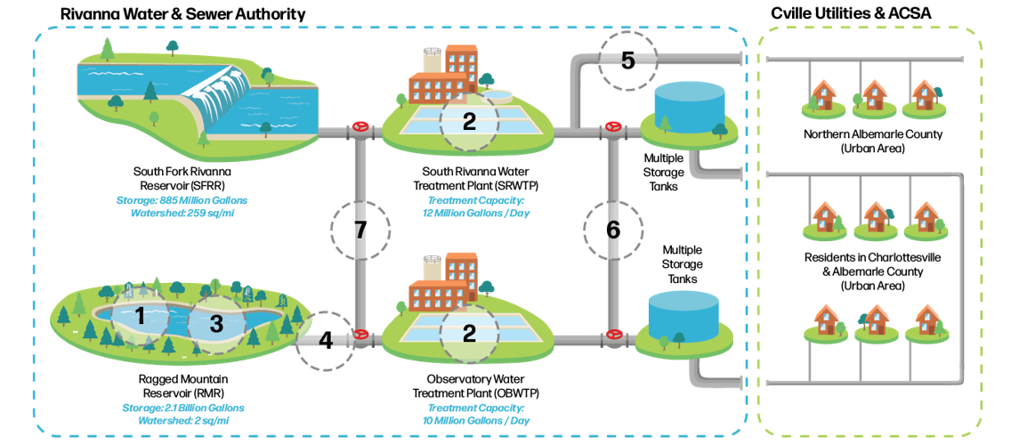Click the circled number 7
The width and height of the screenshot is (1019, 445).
click(x=360, y=230)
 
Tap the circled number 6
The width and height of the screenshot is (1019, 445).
click(x=612, y=230)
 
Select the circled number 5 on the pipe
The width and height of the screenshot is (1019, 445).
click(x=627, y=59)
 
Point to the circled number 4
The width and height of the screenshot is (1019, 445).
click(x=326, y=340)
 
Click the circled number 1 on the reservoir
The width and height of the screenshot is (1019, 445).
click(x=139, y=316)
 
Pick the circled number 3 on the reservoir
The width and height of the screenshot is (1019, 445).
click(x=215, y=324)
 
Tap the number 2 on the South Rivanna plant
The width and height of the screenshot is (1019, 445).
click(x=469, y=122)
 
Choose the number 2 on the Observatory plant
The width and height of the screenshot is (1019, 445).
click(x=469, y=333)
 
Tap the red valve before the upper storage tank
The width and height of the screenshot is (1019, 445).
click(x=611, y=127)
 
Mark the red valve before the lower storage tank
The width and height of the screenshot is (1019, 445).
click(x=612, y=335)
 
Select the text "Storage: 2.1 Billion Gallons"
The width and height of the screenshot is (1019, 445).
click(x=183, y=408)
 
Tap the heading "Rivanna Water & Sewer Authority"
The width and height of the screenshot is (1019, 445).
click(x=182, y=13)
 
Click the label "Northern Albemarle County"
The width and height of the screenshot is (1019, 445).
click(x=873, y=135)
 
